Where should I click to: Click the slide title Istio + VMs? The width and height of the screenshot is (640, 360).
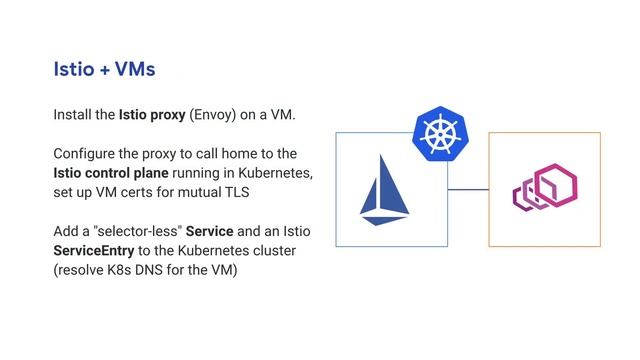[104, 69]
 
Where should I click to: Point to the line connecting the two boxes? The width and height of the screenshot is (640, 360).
[467, 189]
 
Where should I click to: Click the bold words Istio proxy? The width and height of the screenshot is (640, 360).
[152, 115]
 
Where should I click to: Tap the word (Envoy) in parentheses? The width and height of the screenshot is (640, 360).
[213, 115]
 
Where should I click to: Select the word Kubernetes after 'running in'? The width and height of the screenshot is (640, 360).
[279, 173]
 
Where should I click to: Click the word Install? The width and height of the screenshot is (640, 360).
[72, 115]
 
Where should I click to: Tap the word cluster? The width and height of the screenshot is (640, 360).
[288, 250]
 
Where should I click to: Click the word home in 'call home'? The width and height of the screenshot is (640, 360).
[249, 154]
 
